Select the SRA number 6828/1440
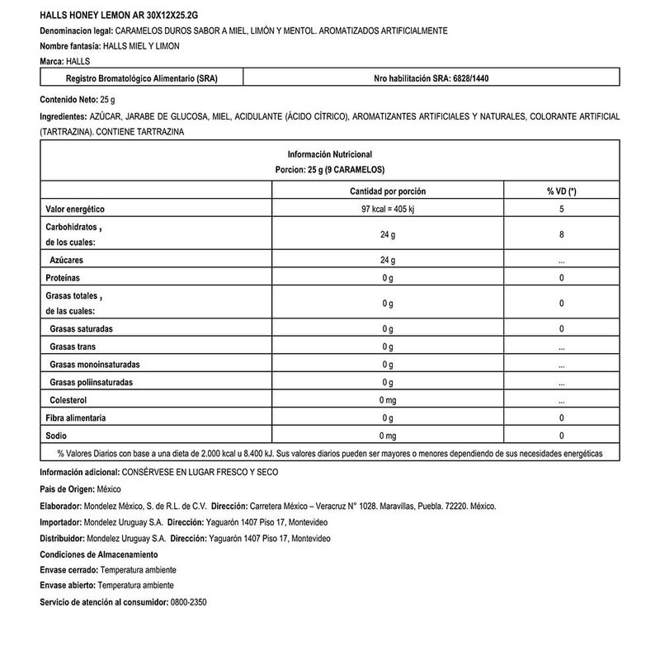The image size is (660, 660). [x=472, y=79]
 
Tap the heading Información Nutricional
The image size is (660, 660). [x=330, y=154]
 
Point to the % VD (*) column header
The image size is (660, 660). [x=561, y=191]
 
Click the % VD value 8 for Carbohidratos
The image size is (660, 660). [x=561, y=234]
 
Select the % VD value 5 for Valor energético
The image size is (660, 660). [x=561, y=210]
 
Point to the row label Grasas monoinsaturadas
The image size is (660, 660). [x=95, y=364]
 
